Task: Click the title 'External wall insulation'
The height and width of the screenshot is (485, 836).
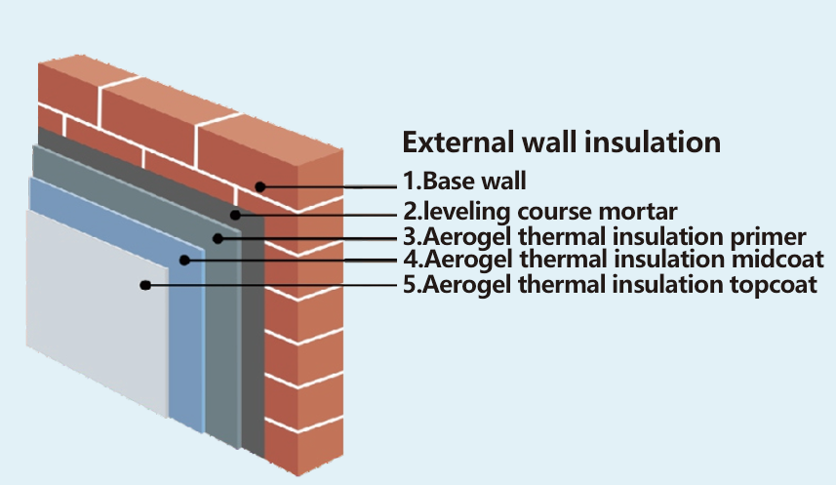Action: [562, 141]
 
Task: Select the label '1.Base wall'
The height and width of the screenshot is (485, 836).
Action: [464, 180]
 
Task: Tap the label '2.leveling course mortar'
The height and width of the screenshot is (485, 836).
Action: [539, 209]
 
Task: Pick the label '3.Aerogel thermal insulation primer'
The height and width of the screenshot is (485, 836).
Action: [604, 236]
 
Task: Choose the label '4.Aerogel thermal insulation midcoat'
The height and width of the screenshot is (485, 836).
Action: [614, 260]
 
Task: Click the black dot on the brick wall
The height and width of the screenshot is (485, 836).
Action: [259, 185]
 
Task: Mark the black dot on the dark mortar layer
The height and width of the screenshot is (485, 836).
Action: [234, 214]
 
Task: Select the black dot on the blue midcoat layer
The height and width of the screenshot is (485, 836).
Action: [185, 260]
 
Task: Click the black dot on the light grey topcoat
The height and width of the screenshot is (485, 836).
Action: [144, 285]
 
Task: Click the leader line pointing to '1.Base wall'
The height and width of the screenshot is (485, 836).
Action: [332, 184]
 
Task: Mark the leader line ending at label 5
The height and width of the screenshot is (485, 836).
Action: [273, 285]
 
